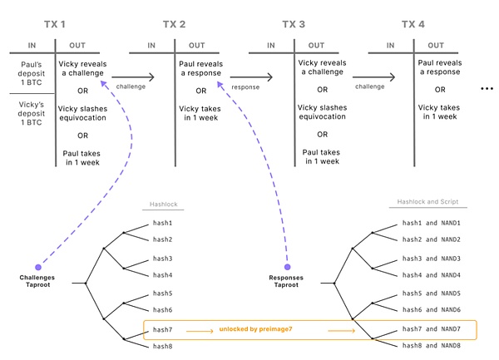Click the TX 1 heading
click(x=56, y=24)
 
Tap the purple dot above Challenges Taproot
click(x=39, y=268)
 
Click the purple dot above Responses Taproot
click(x=288, y=268)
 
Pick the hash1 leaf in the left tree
click(x=162, y=222)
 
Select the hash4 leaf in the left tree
click(x=162, y=274)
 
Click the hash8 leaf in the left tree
click(x=162, y=345)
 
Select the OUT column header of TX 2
click(x=197, y=45)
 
